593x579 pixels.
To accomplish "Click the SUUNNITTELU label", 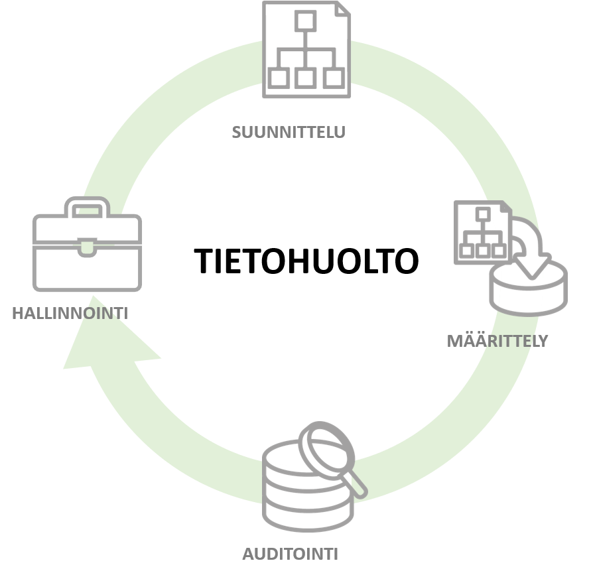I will tap(289, 131).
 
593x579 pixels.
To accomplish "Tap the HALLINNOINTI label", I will tap(70, 313).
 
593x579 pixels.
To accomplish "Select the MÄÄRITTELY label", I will tap(497, 341).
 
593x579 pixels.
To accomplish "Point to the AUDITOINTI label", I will tap(290, 554).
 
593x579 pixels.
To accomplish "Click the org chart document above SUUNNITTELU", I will tap(306, 50).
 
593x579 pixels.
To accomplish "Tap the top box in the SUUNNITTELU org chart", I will tap(305, 22).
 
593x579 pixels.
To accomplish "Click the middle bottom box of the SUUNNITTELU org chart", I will tap(305, 78).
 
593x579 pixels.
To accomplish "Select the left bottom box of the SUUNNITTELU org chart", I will tap(279, 78).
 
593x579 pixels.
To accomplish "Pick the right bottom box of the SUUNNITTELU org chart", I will tap(332, 78).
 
